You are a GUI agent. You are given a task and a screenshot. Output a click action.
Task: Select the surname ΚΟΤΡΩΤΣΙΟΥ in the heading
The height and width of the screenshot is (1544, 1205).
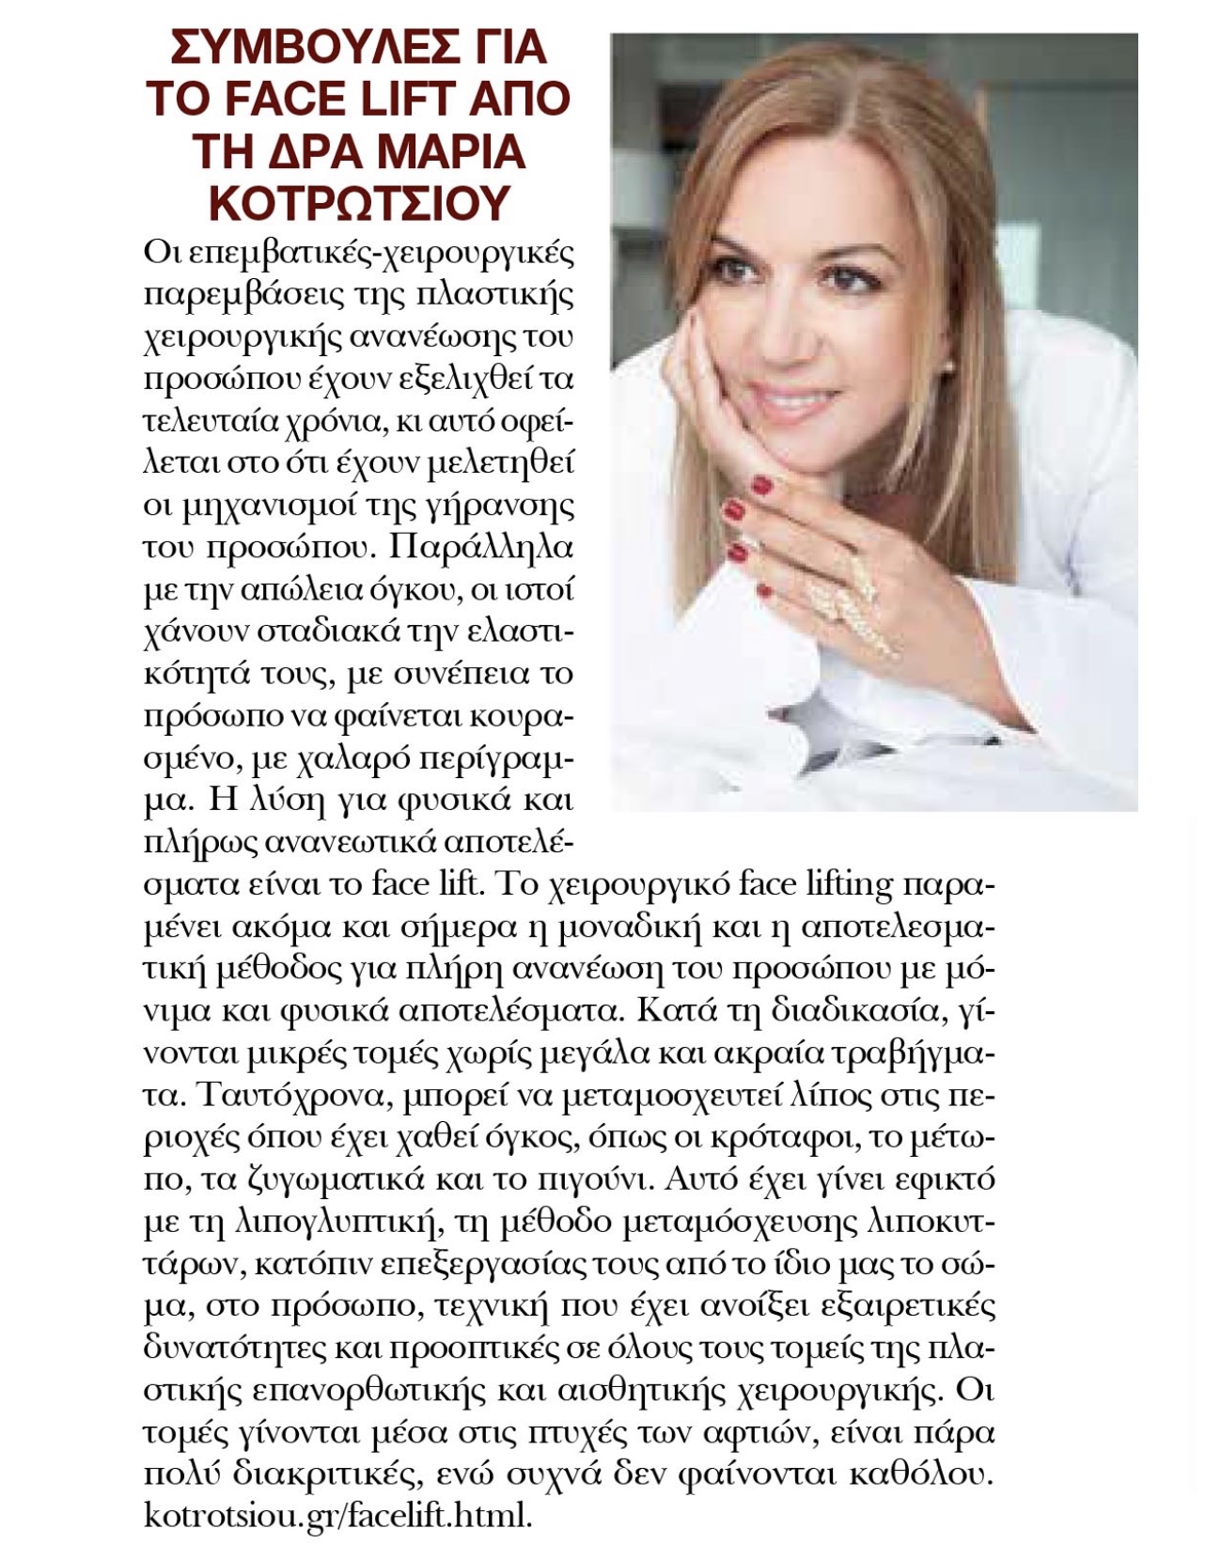pos(357,201)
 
